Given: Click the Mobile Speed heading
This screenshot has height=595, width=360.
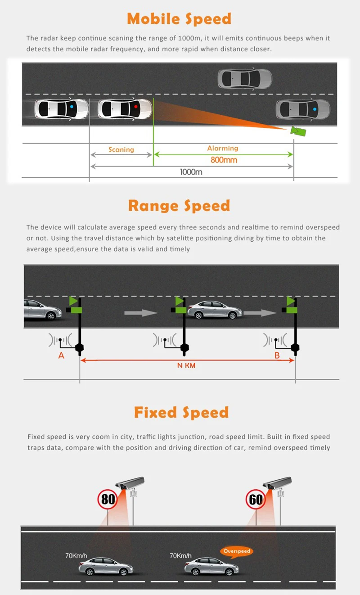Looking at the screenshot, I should pos(179,19).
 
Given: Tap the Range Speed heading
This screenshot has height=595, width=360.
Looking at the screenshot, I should pos(179,206).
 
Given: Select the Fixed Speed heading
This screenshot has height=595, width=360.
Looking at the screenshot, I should pos(181,412).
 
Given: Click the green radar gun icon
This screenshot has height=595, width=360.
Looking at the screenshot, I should pos(298,131).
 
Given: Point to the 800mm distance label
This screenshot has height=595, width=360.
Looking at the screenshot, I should pos(224,160).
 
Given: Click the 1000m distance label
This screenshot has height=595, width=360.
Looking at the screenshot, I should pos(191,171).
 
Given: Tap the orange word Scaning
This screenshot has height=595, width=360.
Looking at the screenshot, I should pos(121,149).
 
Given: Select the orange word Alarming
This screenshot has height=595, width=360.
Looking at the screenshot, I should pos(222,148).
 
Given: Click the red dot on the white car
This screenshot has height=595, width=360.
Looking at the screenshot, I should pos(136,107).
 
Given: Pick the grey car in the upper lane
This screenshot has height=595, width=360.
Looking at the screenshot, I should pos(245,78).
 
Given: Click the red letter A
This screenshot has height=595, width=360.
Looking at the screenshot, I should pos(61,356).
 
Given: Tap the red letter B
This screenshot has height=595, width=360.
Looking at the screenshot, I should pos(277,356).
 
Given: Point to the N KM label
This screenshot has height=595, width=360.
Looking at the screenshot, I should pos(186,365).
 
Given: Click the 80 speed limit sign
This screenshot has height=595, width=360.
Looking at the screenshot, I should pos(108,499).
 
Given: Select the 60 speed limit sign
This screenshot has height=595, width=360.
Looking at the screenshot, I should pos(256,499).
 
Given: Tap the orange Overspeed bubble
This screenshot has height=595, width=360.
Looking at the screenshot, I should pos(236,551).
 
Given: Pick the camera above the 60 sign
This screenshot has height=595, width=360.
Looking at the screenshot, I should pos(277,483).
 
